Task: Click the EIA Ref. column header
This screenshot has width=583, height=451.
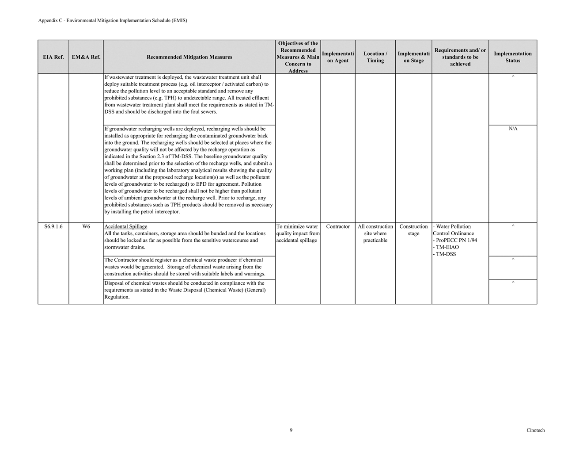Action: (x=53, y=57)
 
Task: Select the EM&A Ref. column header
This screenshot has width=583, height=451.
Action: (x=86, y=57)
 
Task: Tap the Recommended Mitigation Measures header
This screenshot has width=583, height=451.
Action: (x=189, y=57)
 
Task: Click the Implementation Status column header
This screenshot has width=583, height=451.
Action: (x=513, y=57)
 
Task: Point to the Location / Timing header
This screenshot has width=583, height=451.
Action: (x=375, y=57)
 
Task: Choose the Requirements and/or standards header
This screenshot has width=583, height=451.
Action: (x=460, y=57)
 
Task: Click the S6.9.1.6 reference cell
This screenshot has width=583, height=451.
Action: (x=53, y=226)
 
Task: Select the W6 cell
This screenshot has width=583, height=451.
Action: (x=86, y=226)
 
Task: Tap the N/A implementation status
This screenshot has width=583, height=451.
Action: (x=513, y=129)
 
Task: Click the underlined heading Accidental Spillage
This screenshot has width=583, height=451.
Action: (x=125, y=226)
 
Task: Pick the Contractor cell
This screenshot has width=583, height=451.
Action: (x=338, y=226)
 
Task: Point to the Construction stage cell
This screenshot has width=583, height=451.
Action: (x=413, y=230)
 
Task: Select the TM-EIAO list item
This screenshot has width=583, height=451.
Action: (x=447, y=247)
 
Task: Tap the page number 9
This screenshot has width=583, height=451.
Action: (x=291, y=430)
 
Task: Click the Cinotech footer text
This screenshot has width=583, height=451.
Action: (x=535, y=430)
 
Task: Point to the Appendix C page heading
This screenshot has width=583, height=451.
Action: (x=113, y=20)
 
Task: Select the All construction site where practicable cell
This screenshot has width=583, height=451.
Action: (x=375, y=233)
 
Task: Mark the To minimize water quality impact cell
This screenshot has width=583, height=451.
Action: (x=298, y=233)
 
